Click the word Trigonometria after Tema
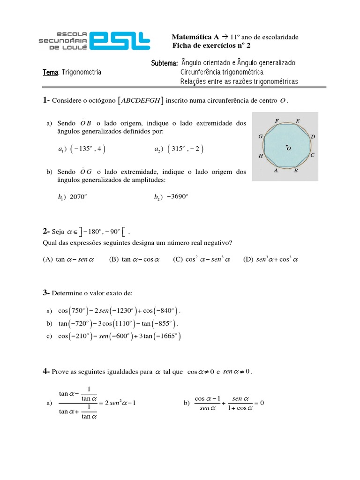click(82, 72)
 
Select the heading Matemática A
click(192, 37)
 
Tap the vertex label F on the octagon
click(277, 121)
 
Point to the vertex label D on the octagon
click(313, 136)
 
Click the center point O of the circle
click(287, 147)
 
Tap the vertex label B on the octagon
click(296, 171)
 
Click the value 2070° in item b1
click(78, 197)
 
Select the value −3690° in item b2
click(177, 197)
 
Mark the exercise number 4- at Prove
click(46, 371)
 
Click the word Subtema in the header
click(164, 63)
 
